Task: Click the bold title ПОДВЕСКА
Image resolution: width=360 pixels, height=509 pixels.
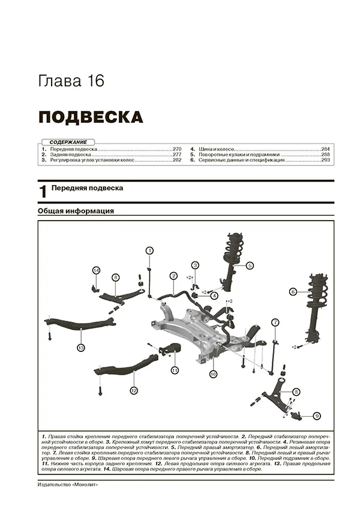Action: tap(91, 116)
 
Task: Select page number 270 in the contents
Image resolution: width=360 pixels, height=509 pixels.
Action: tap(176, 149)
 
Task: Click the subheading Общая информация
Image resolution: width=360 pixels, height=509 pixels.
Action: tap(76, 211)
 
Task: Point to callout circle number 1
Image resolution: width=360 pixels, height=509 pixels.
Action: tap(150, 251)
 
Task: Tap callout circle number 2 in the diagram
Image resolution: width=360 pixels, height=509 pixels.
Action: tap(173, 276)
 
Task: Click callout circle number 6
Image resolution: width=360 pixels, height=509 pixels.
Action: tap(293, 292)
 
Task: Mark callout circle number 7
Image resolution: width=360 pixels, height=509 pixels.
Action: tap(275, 323)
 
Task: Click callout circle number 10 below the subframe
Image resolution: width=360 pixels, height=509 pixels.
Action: tap(212, 374)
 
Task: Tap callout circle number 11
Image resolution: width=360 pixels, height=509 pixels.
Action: tap(175, 371)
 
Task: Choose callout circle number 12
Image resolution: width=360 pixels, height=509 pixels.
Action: tap(134, 390)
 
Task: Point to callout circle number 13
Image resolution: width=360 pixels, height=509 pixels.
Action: tap(80, 347)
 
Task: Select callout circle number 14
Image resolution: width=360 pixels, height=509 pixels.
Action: tap(96, 271)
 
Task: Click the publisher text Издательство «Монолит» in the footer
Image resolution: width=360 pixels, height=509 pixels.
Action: tap(67, 485)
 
